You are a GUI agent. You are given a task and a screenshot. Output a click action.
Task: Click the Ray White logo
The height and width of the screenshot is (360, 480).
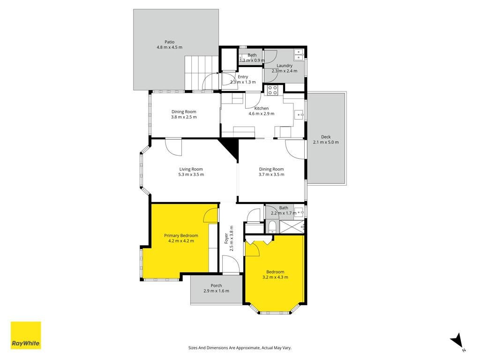26,335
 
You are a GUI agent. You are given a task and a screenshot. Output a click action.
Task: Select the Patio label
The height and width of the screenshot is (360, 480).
169,42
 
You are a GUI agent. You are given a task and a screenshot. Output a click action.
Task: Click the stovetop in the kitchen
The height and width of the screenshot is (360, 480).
272,90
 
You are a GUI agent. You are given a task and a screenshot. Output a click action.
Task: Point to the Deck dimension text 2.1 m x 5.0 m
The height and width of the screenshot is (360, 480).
326,142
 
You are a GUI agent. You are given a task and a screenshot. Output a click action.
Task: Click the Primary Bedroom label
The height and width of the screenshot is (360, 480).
181,235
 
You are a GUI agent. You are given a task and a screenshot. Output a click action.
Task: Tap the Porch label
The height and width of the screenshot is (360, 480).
216,285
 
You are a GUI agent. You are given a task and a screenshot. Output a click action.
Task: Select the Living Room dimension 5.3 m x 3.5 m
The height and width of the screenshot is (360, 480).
191,174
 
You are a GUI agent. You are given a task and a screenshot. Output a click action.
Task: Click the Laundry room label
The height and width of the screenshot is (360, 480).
285,66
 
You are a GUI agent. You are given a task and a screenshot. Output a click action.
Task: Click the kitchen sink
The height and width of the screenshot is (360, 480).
299,115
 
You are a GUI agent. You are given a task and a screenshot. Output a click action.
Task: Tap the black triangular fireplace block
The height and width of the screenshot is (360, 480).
230,149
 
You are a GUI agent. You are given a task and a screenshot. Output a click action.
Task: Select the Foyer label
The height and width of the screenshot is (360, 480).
226,238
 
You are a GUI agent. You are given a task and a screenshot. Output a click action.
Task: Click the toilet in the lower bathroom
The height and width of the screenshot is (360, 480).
272,226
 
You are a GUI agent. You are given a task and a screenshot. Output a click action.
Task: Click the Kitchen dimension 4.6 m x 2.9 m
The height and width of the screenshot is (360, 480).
261,113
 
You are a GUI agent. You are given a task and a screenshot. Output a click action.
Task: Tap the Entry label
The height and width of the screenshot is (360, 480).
243,77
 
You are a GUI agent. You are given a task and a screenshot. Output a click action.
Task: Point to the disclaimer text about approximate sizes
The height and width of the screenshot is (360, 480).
240,348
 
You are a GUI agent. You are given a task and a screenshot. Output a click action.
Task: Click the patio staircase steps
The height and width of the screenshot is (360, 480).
202,73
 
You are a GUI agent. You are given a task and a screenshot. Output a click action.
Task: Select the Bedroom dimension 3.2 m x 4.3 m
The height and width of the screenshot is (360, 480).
275,277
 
